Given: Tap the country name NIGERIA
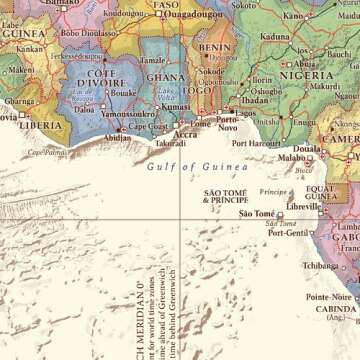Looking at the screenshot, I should (305, 74).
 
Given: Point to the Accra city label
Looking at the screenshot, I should (185, 133).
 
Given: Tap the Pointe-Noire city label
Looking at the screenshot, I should (329, 297).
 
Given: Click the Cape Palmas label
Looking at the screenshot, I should (47, 152).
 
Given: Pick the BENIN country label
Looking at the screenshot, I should (214, 47).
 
